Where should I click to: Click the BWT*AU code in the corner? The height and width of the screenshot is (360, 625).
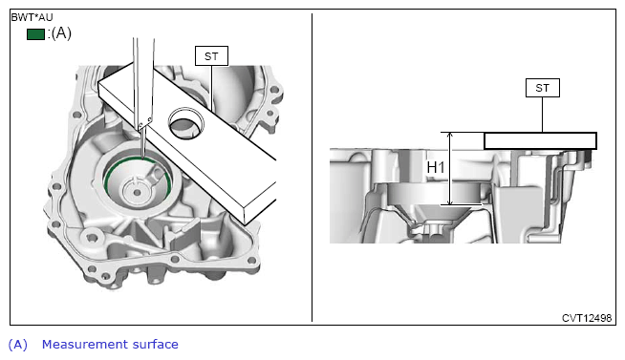[32, 17]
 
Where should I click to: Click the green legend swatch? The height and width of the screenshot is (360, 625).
[35, 34]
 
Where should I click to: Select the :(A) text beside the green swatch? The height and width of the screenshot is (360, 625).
[59, 33]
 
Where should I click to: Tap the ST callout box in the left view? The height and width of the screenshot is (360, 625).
[211, 56]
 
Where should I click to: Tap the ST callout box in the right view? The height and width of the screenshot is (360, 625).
[543, 88]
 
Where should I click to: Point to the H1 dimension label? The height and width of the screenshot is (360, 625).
[435, 168]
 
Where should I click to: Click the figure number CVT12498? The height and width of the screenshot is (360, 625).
[587, 318]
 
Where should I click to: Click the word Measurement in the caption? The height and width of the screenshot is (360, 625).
[84, 344]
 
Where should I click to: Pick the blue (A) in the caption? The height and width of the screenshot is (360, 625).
[18, 345]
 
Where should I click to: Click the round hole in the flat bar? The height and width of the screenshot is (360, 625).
[186, 123]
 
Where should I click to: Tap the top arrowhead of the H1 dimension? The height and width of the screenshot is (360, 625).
[450, 135]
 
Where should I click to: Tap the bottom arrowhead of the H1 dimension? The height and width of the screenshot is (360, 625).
[450, 202]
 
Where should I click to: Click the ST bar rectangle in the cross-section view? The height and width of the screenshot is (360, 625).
[540, 141]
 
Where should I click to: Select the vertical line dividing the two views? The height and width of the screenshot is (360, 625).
[312, 167]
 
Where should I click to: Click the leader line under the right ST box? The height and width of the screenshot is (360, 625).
[542, 115]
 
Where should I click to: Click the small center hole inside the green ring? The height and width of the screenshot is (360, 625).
[137, 193]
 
